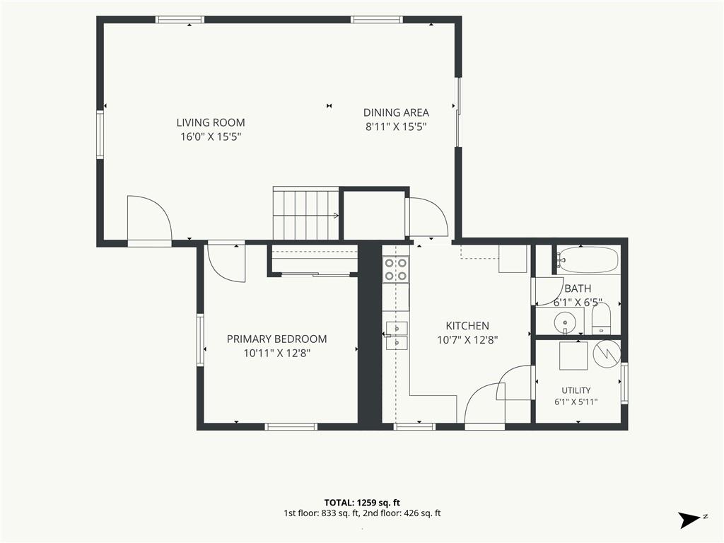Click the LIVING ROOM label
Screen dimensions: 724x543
(x=211, y=122)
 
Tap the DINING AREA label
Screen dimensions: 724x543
(x=396, y=112)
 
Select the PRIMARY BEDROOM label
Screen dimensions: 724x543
(x=276, y=339)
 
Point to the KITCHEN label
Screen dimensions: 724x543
(x=467, y=325)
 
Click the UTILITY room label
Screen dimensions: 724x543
(x=576, y=390)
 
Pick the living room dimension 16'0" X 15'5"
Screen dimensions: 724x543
(x=211, y=136)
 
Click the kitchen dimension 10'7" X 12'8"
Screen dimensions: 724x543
(x=467, y=340)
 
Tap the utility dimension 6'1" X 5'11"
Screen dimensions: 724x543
(x=576, y=402)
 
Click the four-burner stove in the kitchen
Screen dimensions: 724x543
(x=396, y=269)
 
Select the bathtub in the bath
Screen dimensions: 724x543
(x=588, y=260)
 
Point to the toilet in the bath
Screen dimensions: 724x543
(x=601, y=319)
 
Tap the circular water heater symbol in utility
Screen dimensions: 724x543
(x=607, y=354)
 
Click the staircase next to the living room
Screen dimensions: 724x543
(x=306, y=213)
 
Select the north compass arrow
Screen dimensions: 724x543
(x=689, y=520)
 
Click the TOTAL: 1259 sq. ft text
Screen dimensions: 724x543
(x=362, y=503)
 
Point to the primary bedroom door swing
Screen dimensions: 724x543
(x=227, y=262)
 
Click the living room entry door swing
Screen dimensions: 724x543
(x=150, y=218)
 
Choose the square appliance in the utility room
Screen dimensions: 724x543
(x=573, y=356)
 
